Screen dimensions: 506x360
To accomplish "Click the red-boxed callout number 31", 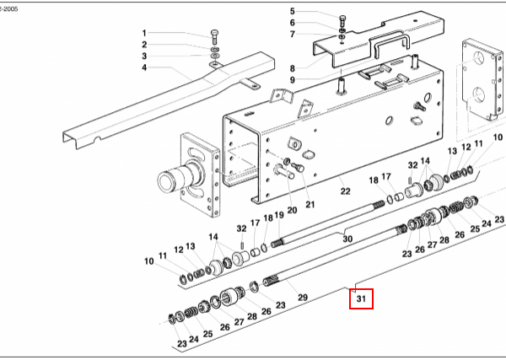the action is point(361,299).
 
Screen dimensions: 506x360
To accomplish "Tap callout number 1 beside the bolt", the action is point(144,33).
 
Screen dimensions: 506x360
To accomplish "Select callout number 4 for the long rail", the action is point(144,67).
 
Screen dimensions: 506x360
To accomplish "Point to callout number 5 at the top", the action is point(293,11).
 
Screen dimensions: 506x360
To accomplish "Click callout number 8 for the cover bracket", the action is point(293,68).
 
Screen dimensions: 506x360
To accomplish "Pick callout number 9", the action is point(293,80).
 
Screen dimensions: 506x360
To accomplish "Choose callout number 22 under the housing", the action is point(345,191).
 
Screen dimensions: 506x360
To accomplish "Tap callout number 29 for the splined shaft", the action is point(303,297).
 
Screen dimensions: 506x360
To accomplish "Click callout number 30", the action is point(347,239).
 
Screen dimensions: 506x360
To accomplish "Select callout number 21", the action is point(310,205).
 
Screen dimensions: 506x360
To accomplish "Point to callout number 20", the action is point(292,210).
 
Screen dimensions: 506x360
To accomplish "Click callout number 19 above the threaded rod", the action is point(279,215).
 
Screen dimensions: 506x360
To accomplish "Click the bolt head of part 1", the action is point(214,33).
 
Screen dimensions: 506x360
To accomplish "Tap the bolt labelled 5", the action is point(342,21).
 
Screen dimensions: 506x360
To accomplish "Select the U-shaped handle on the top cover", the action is point(390,42).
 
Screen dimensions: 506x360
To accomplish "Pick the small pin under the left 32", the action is point(242,240).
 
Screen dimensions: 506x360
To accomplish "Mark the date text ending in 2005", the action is point(8,9).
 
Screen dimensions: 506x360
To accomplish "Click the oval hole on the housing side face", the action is point(390,121).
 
